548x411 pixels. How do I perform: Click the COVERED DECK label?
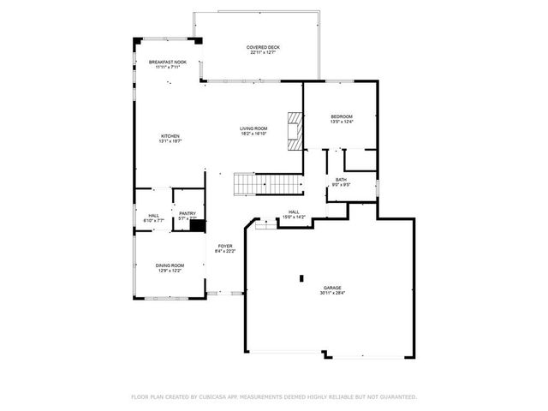coord(263,47)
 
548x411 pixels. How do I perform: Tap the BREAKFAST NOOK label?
coord(168,63)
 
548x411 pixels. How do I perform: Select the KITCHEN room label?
coord(170,136)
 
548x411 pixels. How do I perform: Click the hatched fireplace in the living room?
coord(295,131)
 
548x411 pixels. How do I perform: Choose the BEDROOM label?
coord(342,116)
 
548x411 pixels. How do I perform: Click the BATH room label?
coord(340,180)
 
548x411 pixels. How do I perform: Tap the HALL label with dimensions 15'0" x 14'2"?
coord(293,211)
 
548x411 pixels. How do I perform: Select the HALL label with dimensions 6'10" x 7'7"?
coord(153,216)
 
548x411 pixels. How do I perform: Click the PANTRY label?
coord(188,214)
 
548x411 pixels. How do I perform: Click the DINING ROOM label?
coord(169,265)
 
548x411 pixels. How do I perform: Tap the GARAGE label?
coord(332,288)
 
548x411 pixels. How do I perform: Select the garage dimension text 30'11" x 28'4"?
coord(332,293)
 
